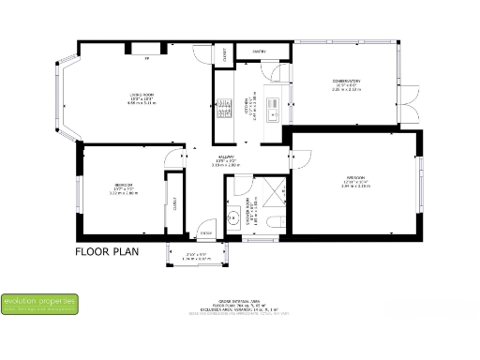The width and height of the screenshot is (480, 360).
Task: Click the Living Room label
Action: click(x=142, y=97)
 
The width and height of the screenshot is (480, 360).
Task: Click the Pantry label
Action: click(x=260, y=52)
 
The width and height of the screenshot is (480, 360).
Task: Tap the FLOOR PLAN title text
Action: click(x=107, y=251)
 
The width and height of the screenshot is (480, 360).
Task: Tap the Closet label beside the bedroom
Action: click(x=174, y=202)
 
